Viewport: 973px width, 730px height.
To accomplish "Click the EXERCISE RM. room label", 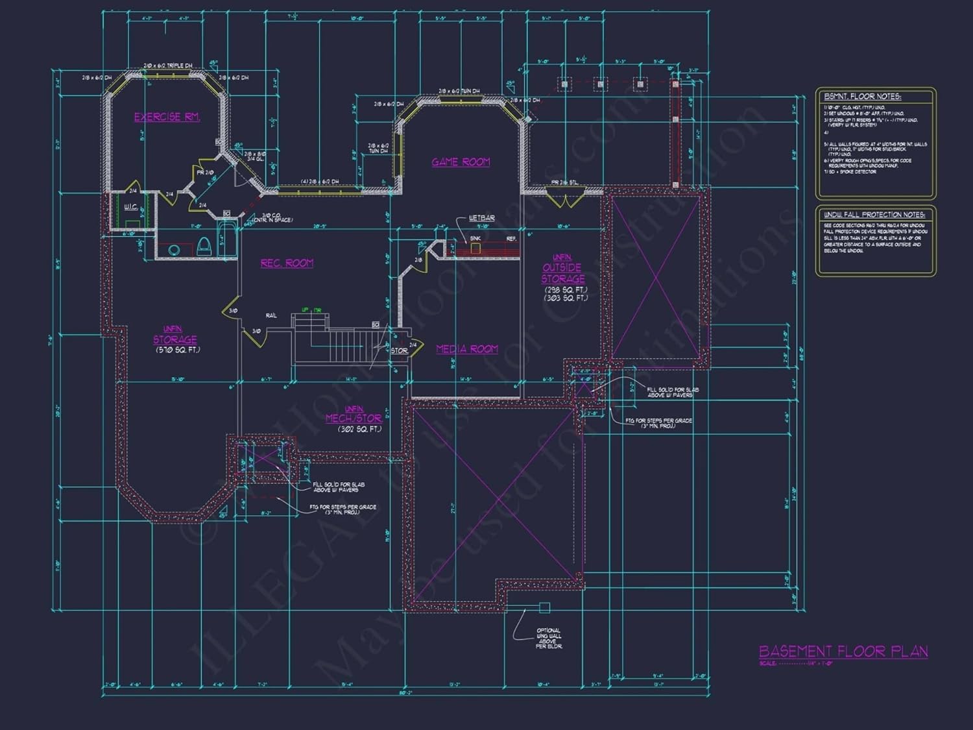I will click(x=167, y=117).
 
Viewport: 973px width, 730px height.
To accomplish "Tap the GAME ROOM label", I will click(x=461, y=162).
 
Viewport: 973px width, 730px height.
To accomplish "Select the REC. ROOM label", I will click(x=287, y=263).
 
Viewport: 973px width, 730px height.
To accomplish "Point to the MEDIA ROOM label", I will click(x=467, y=349).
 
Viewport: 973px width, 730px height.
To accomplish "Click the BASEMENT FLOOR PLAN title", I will click(x=843, y=651).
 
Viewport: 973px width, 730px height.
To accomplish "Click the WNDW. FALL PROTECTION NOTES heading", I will click(x=874, y=215).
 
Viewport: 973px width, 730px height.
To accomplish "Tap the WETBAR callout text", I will click(x=481, y=218).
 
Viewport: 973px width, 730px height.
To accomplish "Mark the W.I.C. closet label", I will click(x=130, y=207).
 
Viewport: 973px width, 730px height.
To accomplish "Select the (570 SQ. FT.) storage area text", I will click(x=178, y=350).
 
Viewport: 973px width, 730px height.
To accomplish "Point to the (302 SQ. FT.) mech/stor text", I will click(x=359, y=429).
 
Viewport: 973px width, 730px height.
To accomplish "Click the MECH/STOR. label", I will click(x=354, y=419).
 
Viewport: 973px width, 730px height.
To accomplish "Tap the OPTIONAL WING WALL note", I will click(x=549, y=639).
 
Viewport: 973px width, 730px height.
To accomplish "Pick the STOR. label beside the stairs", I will click(x=399, y=350).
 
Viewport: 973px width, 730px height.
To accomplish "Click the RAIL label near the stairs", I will click(x=271, y=316).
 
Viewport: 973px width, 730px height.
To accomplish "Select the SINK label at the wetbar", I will click(x=475, y=239).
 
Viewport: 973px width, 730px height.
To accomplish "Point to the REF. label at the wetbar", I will click(x=511, y=239).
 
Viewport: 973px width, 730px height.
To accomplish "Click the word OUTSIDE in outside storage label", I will click(x=562, y=267).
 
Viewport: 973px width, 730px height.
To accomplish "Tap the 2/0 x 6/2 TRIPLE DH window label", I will click(x=167, y=66).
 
